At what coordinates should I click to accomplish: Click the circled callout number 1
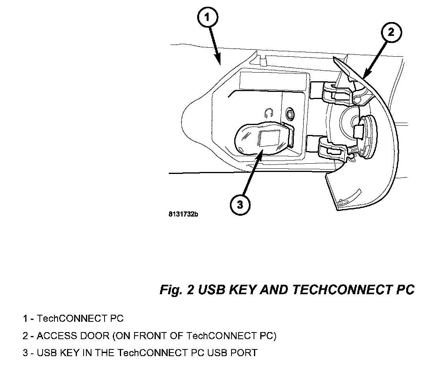coord(208,18)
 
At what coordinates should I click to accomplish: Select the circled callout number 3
coord(240,204)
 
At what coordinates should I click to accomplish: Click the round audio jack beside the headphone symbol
coord(290,114)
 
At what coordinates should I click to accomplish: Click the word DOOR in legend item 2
coord(94,336)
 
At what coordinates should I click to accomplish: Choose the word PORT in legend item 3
coord(244,353)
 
